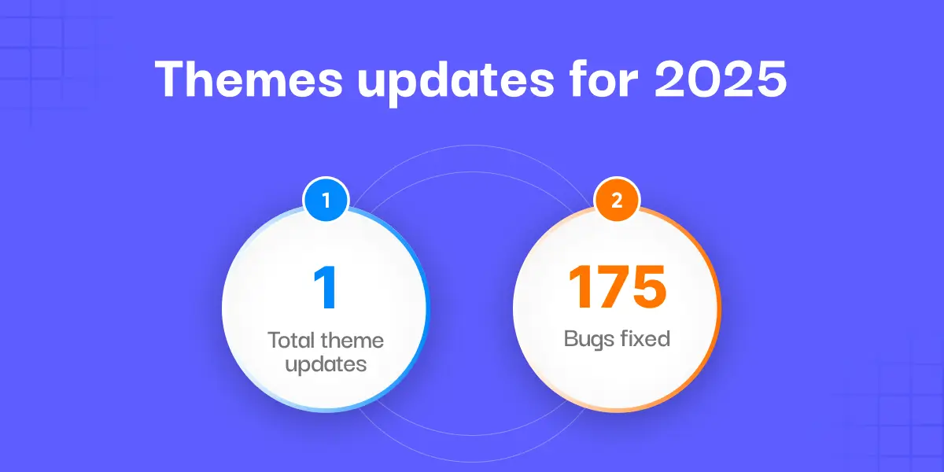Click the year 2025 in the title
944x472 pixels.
(x=721, y=79)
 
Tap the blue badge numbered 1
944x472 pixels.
(x=326, y=201)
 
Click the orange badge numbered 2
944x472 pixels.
(x=617, y=201)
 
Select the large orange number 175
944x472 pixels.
(x=617, y=287)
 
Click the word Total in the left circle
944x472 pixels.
(x=292, y=341)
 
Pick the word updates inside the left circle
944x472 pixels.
(x=326, y=364)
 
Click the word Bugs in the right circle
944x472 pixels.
(x=589, y=339)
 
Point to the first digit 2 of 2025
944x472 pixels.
(x=673, y=79)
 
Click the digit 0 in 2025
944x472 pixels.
(x=706, y=79)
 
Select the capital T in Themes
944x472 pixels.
(x=171, y=79)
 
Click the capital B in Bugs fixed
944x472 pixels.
(x=570, y=339)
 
